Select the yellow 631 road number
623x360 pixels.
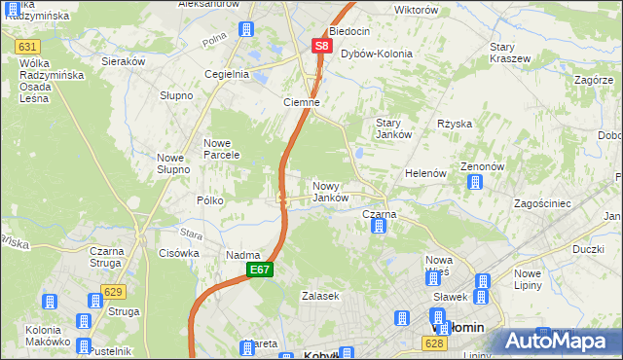28,47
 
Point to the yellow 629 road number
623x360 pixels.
114,293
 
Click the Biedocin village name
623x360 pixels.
349,31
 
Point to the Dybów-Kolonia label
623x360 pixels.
376,54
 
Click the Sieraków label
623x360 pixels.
124,60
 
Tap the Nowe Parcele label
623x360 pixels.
223,149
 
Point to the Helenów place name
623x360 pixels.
425,173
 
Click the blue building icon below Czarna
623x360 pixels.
379,227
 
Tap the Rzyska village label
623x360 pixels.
455,124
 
